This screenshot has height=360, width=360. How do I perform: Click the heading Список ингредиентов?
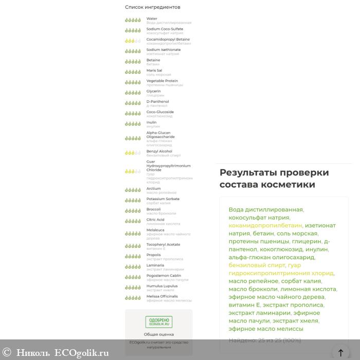152,7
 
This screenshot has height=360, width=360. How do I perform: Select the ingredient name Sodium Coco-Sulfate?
164,29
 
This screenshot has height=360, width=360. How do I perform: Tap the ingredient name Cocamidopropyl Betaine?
168,39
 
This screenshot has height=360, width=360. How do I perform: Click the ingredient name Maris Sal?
154,70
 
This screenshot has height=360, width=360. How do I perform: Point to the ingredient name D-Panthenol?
157,101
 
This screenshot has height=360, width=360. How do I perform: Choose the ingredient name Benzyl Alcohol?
159,151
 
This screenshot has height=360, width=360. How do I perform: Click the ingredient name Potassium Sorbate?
163,199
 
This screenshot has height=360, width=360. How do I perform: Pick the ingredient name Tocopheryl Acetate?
163,244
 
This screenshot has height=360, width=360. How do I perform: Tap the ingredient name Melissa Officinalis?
162,296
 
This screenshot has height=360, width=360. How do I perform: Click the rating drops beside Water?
133,20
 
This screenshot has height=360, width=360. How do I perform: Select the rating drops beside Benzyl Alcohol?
133,153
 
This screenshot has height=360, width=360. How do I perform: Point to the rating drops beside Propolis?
133,256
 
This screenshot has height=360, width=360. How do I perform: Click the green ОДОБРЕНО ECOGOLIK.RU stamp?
158,322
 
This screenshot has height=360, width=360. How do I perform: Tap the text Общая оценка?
158,334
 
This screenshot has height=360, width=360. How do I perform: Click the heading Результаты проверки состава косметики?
274,178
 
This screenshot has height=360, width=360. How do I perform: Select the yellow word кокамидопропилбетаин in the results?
265,225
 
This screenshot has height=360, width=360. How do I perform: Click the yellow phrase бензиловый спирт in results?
257,265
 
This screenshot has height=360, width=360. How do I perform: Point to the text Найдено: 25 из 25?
264,340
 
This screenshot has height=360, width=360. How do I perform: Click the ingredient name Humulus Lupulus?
161,286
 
